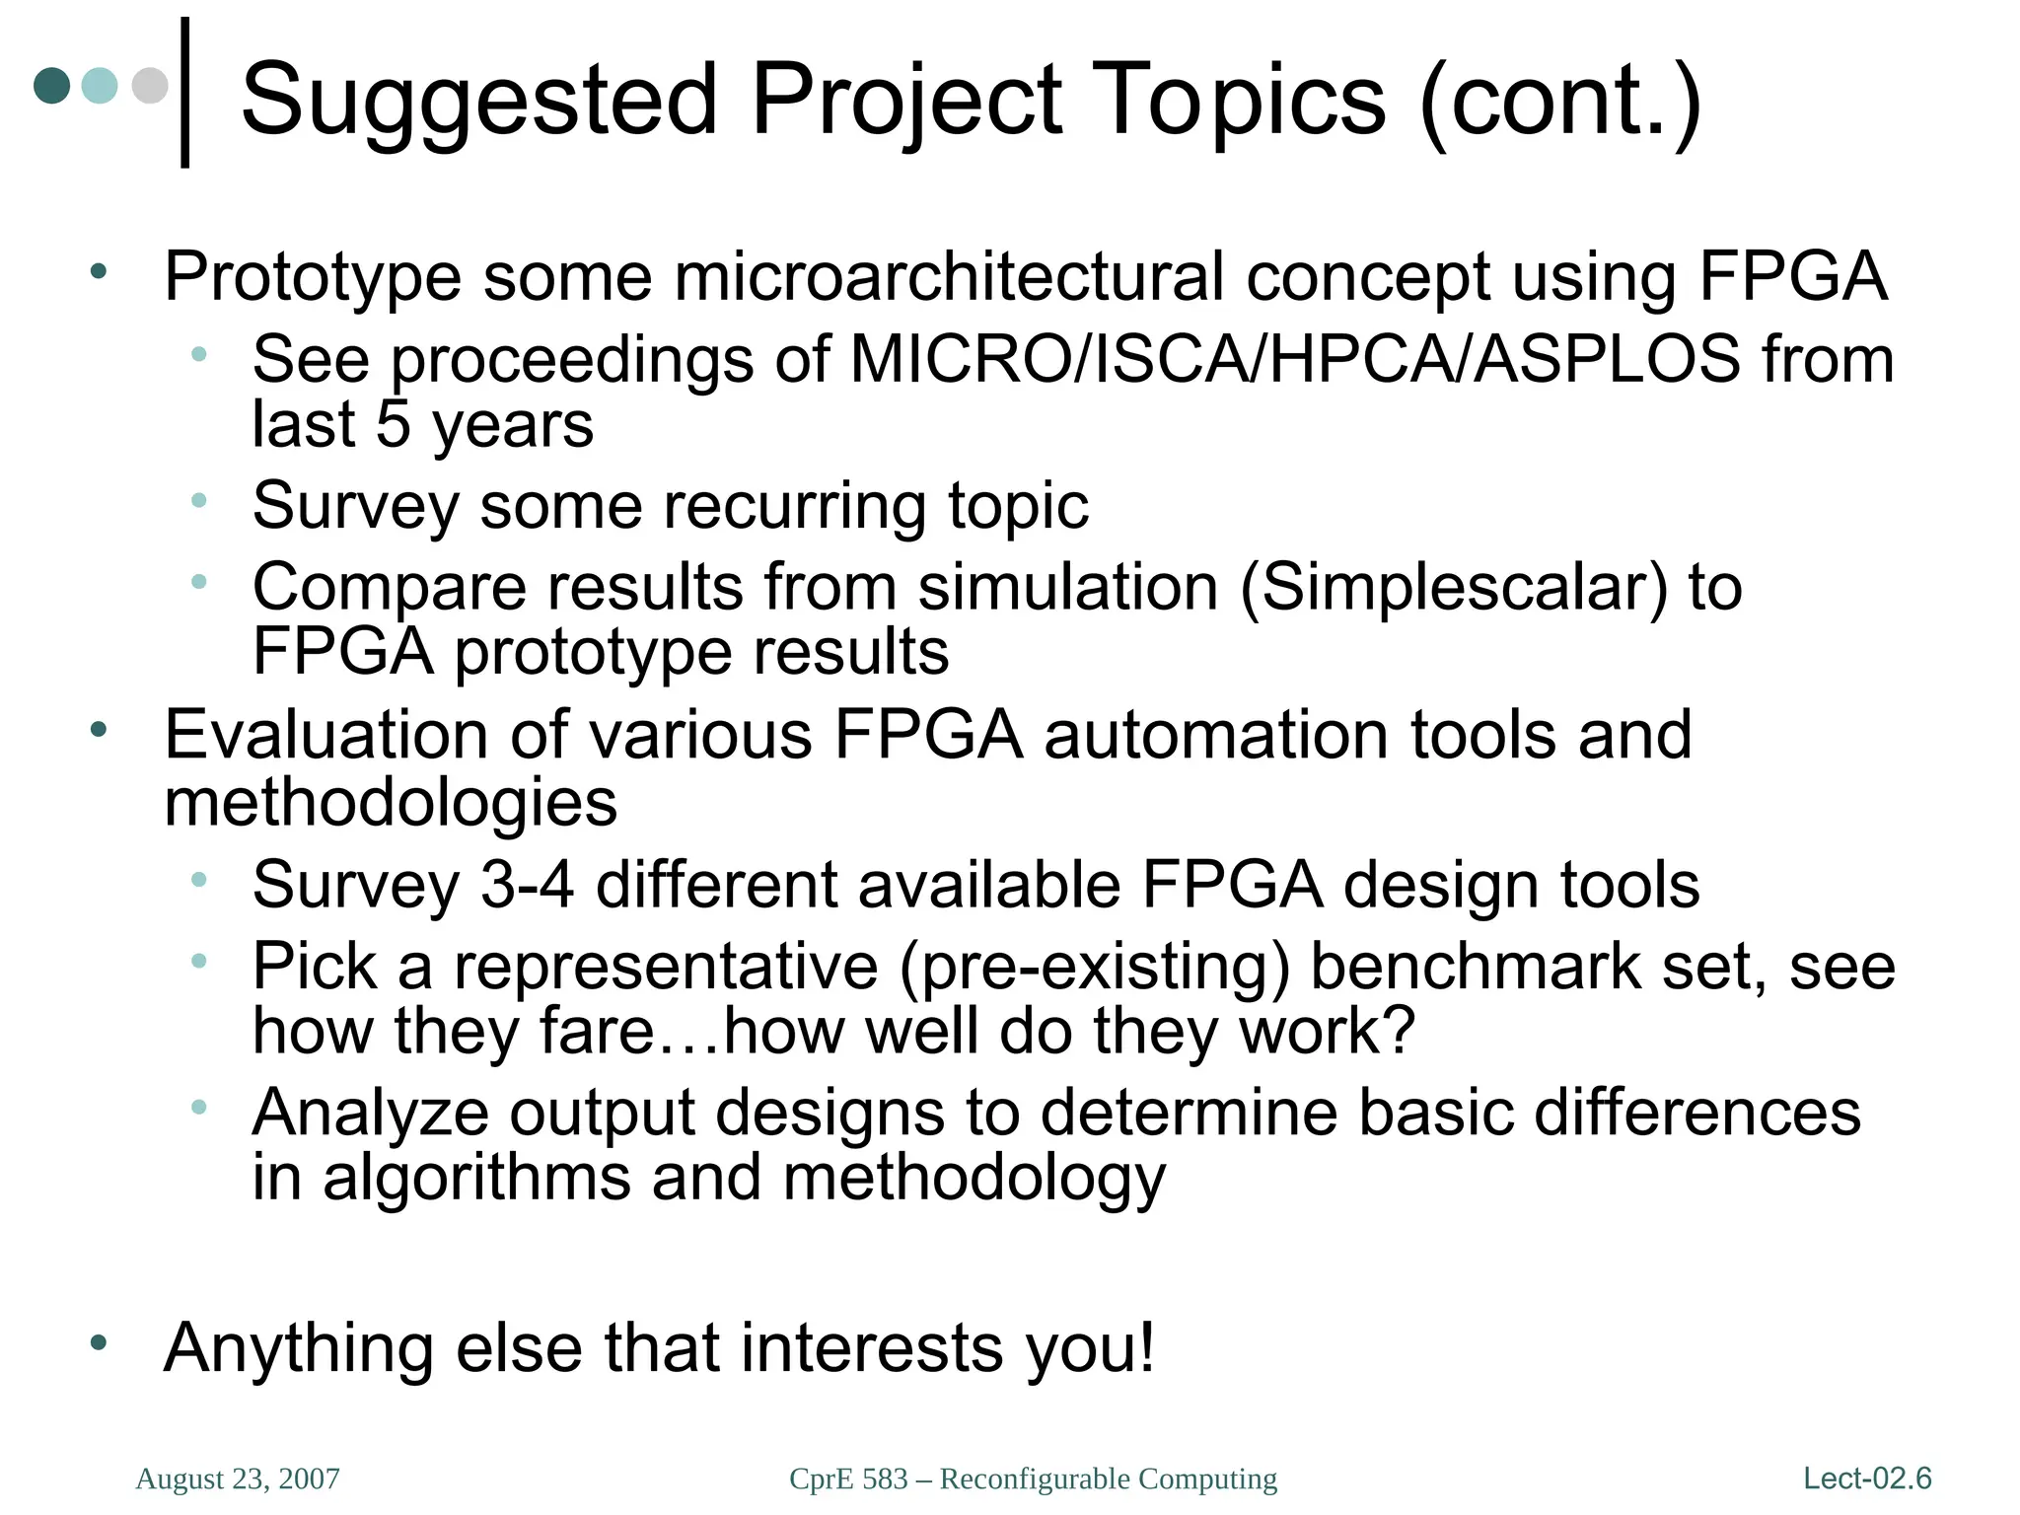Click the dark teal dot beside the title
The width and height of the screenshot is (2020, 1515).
pos(52,85)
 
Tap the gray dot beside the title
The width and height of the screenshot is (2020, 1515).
pos(150,85)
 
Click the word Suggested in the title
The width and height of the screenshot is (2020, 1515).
pos(479,101)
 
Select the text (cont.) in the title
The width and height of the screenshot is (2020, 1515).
pos(1560,101)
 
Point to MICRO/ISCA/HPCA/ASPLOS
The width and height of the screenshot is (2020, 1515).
pos(1294,359)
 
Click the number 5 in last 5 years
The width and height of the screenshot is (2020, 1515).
pos(393,424)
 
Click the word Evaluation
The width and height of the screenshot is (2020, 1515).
pos(325,736)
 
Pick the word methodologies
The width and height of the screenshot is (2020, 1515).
pos(391,801)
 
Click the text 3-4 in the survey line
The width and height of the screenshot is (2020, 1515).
pos(527,884)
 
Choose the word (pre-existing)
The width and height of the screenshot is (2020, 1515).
pos(1094,967)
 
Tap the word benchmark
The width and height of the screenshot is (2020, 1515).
pos(1475,967)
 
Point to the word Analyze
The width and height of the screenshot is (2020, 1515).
pos(370,1113)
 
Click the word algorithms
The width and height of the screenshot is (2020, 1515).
pos(476,1178)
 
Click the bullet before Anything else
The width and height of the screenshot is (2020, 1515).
pos(98,1342)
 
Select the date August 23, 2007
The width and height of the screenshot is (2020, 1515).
pos(238,1479)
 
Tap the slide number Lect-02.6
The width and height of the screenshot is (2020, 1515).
pos(1866,1479)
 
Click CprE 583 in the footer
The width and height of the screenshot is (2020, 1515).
pos(848,1479)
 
